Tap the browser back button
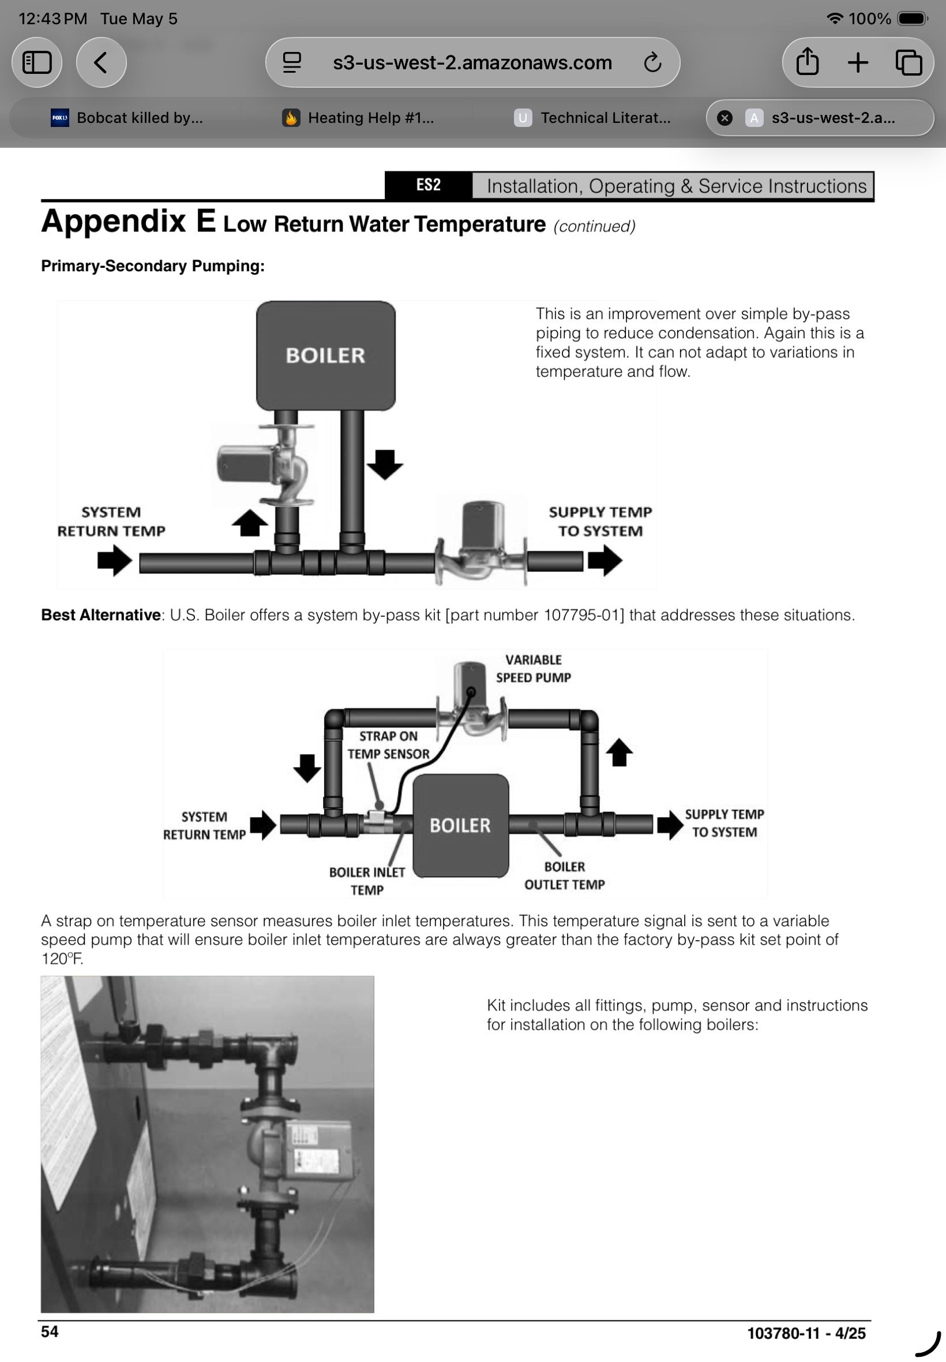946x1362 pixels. coord(101,62)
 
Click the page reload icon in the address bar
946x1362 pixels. coord(652,62)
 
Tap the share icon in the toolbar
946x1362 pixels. coord(808,62)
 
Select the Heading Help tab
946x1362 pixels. coord(358,118)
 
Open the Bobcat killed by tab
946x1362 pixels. coord(127,118)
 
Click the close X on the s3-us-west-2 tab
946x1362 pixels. coord(724,118)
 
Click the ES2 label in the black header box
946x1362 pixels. coord(428,186)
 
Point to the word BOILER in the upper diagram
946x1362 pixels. coord(325,355)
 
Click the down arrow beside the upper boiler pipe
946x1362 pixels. coord(385,464)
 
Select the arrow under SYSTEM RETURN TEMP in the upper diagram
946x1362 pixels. coord(114,560)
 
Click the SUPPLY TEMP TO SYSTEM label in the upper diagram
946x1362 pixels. coord(600,521)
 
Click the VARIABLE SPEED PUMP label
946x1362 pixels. coord(534,668)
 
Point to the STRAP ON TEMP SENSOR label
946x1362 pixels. coord(388,744)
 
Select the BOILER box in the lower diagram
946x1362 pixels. coord(460,825)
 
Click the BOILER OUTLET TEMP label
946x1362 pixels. coord(564,875)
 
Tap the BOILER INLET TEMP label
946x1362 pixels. coord(367,881)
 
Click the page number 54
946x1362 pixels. coord(50,1332)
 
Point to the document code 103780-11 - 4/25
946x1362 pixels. coord(806,1334)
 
